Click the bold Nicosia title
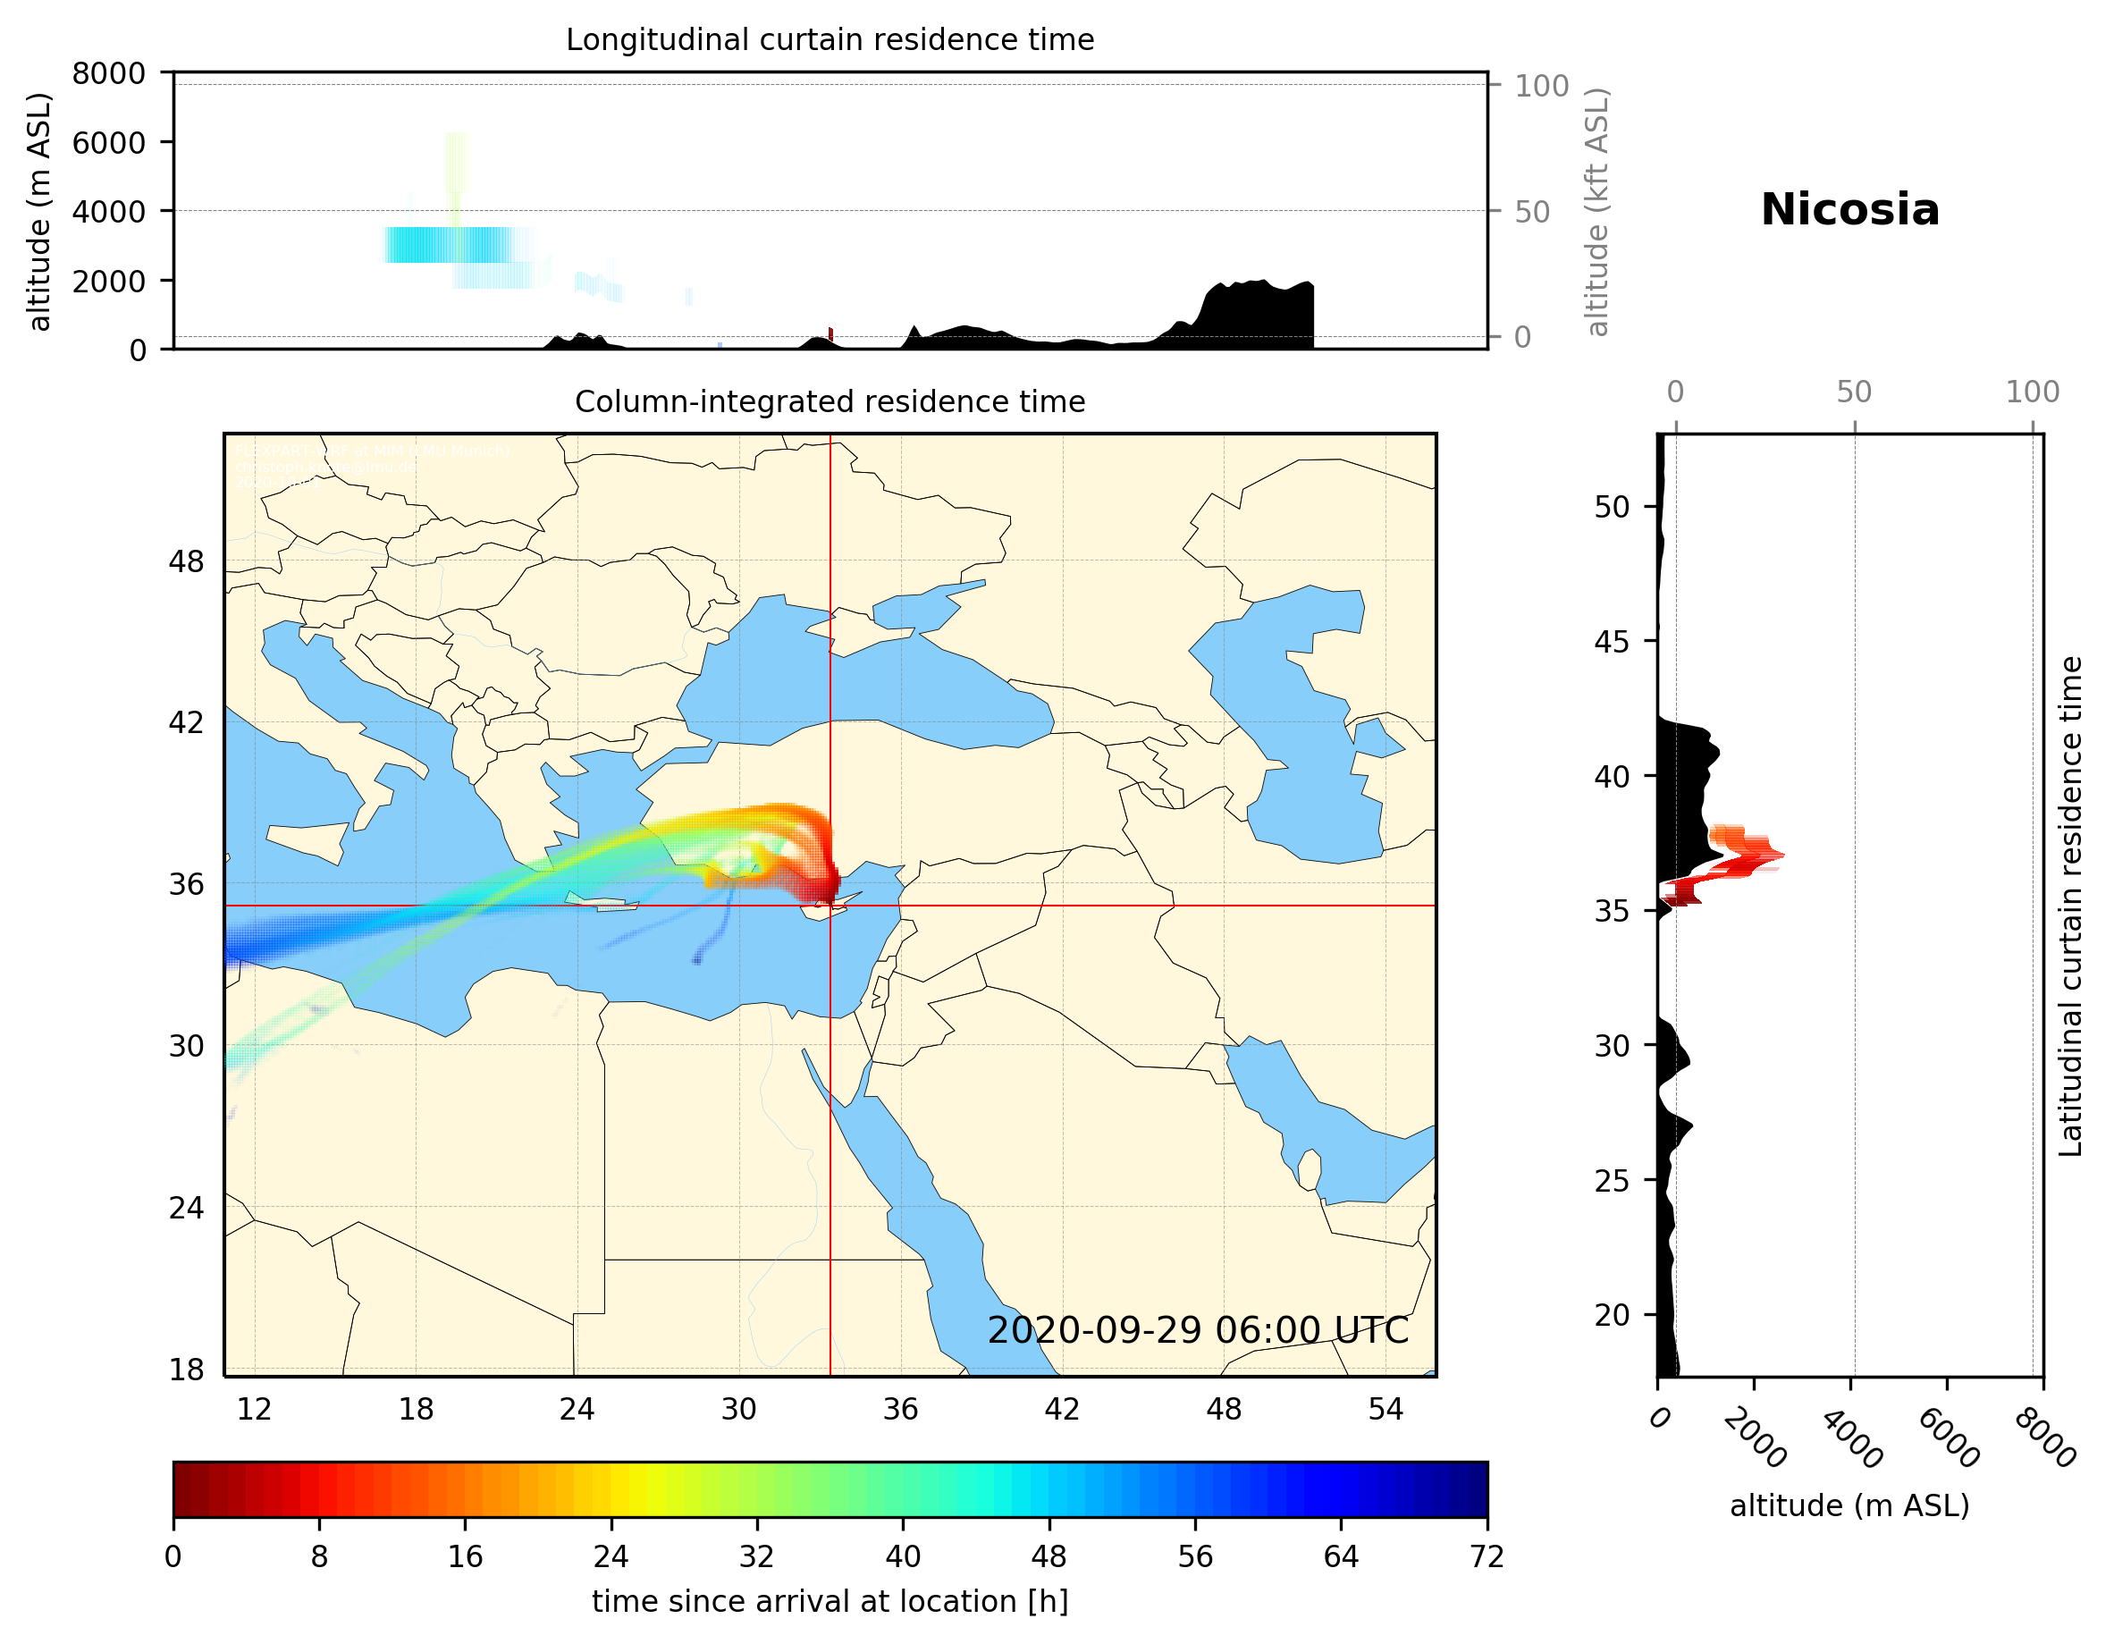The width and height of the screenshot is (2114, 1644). tap(1849, 210)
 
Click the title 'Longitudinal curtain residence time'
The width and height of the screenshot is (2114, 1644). tap(830, 39)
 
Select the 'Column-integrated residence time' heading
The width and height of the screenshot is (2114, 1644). tap(830, 401)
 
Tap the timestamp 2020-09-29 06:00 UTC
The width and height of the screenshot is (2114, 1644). tap(1198, 1330)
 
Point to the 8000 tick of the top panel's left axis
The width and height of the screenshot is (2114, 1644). tap(108, 73)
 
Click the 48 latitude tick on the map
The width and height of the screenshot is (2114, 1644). tap(186, 561)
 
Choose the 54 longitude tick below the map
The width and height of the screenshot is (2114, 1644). tap(1385, 1409)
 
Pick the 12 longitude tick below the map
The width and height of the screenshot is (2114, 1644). tap(254, 1409)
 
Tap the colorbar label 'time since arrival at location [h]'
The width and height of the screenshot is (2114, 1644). tap(830, 1601)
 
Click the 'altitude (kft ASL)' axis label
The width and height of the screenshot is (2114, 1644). tap(1597, 212)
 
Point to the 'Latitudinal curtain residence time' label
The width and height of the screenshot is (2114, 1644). tap(2070, 906)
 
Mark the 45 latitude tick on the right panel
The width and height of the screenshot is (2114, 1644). tap(1612, 641)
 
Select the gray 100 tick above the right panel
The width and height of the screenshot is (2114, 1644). tap(2032, 392)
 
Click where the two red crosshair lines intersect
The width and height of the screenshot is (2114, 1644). tap(830, 906)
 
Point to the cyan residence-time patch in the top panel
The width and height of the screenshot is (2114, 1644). tap(447, 245)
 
